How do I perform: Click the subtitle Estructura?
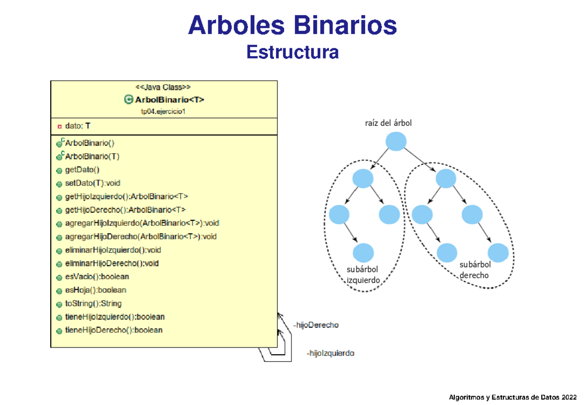[x=292, y=52]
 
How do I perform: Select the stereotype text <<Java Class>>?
[x=163, y=88]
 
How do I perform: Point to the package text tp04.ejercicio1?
[x=164, y=112]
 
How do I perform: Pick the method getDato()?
[x=81, y=170]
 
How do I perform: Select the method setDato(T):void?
[x=92, y=183]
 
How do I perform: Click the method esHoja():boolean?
[x=95, y=290]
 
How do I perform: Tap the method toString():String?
[x=93, y=303]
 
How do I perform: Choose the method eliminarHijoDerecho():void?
[x=111, y=263]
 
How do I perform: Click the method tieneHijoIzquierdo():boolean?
[x=114, y=316]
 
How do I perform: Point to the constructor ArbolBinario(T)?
[x=92, y=157]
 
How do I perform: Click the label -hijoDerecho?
[x=315, y=325]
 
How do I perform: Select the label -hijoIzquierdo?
[x=330, y=353]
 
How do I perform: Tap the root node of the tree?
[x=395, y=142]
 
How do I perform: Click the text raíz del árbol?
[x=388, y=123]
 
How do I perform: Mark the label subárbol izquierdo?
[x=362, y=275]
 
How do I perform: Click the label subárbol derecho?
[x=475, y=270]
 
